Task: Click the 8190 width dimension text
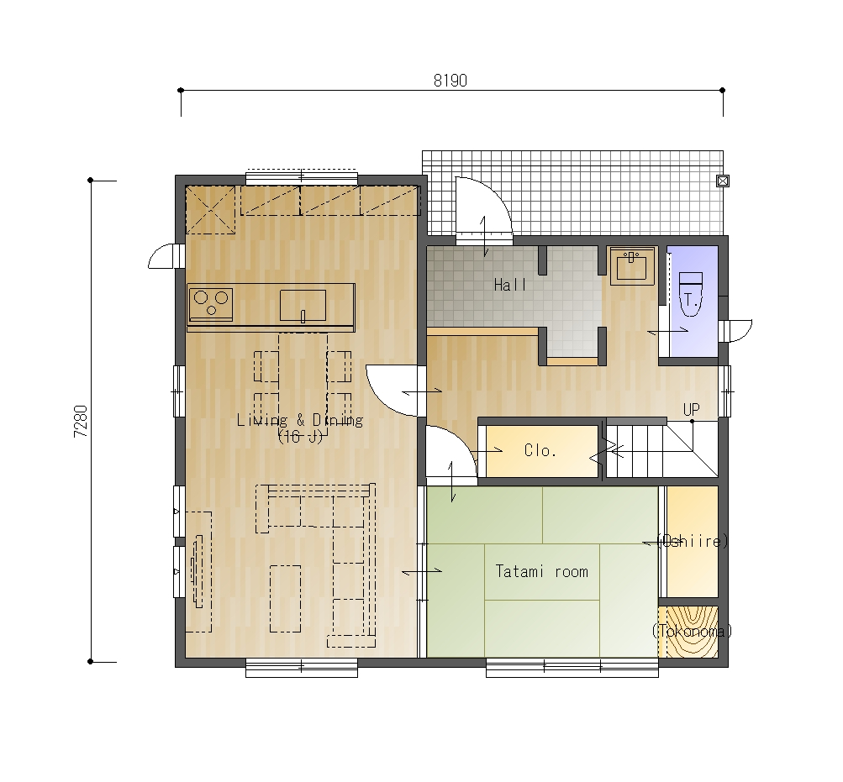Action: pyautogui.click(x=450, y=81)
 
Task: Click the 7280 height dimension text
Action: pyautogui.click(x=81, y=422)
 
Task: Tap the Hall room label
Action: pyautogui.click(x=510, y=285)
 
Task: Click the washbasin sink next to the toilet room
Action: pyautogui.click(x=632, y=265)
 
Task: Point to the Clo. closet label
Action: pyautogui.click(x=540, y=450)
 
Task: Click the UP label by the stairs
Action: pyautogui.click(x=692, y=410)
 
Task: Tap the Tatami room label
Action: pyautogui.click(x=541, y=571)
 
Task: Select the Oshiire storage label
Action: pyautogui.click(x=693, y=541)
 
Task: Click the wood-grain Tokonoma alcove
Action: pyautogui.click(x=692, y=632)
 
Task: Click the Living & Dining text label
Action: pyautogui.click(x=300, y=420)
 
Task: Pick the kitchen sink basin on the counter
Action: pyautogui.click(x=303, y=306)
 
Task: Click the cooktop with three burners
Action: pyautogui.click(x=211, y=304)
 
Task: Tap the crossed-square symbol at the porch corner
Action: pyautogui.click(x=723, y=181)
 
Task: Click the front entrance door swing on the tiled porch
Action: pyautogui.click(x=483, y=207)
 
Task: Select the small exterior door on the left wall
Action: pyautogui.click(x=163, y=256)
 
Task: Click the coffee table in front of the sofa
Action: pyautogui.click(x=285, y=598)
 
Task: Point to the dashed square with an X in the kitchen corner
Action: pyautogui.click(x=210, y=210)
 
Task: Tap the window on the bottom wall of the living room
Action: pyautogui.click(x=302, y=668)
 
